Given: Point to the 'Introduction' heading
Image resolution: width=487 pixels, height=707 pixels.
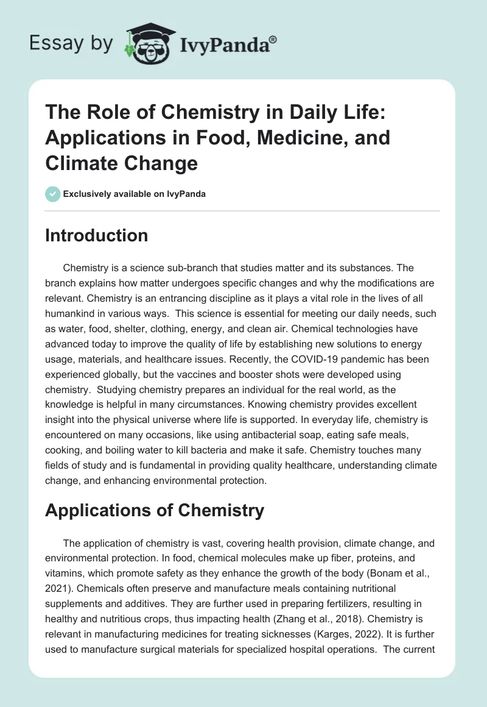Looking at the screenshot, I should (96, 236).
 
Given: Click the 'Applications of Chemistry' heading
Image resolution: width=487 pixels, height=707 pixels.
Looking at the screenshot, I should (155, 510).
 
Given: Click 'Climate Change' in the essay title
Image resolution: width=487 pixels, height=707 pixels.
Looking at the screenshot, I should (121, 163).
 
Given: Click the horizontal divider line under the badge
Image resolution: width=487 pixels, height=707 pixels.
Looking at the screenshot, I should (243, 211).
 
